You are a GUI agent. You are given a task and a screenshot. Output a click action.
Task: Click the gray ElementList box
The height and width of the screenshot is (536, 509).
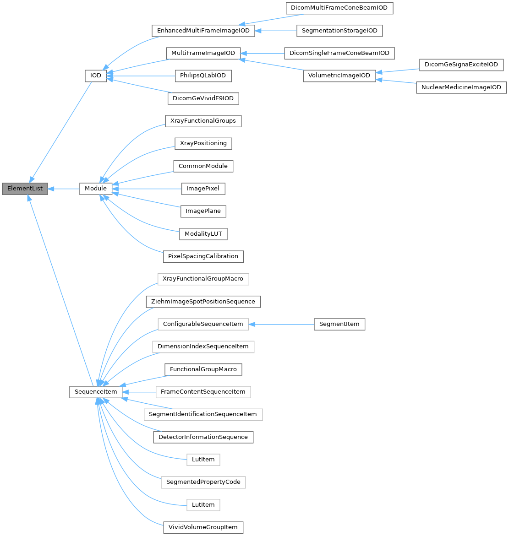click(x=25, y=189)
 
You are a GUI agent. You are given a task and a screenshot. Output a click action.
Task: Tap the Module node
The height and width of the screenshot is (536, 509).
click(x=96, y=189)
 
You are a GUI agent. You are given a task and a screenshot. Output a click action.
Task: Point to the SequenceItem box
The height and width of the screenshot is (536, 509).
click(x=96, y=392)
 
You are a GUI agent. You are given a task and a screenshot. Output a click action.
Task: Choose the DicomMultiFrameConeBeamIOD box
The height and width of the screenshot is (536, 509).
click(x=339, y=8)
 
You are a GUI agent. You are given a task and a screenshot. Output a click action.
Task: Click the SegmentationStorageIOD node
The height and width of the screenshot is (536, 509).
click(x=339, y=31)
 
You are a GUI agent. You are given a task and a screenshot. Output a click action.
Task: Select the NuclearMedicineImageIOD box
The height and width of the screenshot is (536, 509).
click(x=460, y=87)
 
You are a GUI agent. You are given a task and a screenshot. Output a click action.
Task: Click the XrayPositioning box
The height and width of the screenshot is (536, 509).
click(x=203, y=143)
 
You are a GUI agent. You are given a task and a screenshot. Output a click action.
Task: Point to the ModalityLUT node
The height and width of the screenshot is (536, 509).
click(x=203, y=234)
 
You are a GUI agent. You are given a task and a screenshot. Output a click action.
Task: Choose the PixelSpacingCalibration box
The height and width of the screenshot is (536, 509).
click(x=203, y=256)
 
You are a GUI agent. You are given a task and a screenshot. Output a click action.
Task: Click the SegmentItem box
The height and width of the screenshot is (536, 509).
click(x=339, y=324)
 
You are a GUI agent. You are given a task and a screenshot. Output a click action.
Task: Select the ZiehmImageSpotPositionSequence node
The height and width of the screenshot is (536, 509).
click(x=203, y=302)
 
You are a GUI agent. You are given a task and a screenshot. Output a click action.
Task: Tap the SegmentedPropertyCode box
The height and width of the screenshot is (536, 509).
click(x=203, y=482)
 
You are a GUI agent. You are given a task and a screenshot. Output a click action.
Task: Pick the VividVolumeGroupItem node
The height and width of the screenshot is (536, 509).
click(x=203, y=527)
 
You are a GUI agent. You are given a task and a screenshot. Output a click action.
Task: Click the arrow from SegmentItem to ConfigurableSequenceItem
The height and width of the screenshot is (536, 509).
click(x=281, y=324)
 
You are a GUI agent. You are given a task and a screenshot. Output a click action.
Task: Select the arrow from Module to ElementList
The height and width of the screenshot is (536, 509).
click(x=64, y=189)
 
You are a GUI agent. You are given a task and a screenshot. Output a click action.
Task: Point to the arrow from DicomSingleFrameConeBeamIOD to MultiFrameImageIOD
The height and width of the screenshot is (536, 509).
click(x=262, y=53)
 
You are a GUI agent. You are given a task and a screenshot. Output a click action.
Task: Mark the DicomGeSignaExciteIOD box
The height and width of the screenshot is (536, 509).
click(x=461, y=65)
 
